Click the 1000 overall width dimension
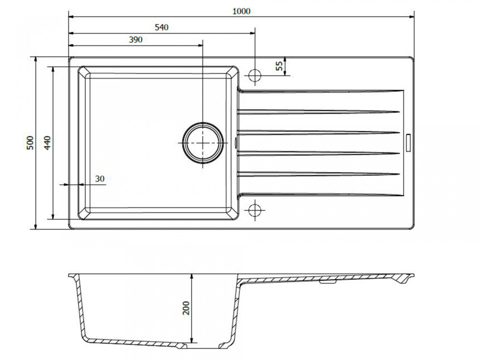(x=241, y=11)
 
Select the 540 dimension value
(x=161, y=28)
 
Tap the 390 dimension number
(x=135, y=40)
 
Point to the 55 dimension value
(x=279, y=66)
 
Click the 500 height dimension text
(x=30, y=142)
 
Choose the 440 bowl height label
(x=47, y=142)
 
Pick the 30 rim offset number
(x=100, y=179)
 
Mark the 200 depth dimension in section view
(x=186, y=308)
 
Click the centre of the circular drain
(x=202, y=143)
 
